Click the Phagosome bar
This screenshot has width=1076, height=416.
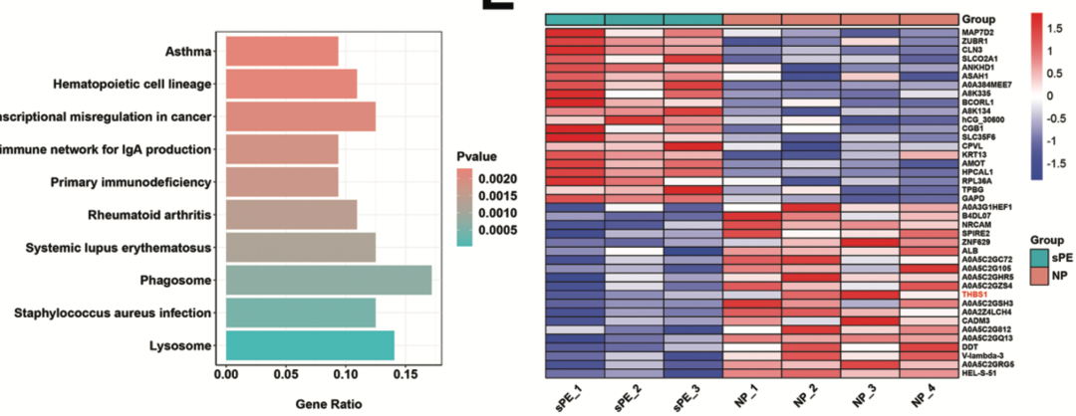click(328, 281)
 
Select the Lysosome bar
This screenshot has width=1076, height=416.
click(310, 345)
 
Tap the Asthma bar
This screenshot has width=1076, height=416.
click(282, 52)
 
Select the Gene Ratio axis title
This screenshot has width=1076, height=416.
click(325, 404)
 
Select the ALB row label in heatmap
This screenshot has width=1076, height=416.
click(969, 251)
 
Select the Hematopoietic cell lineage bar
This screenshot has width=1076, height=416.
click(291, 85)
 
